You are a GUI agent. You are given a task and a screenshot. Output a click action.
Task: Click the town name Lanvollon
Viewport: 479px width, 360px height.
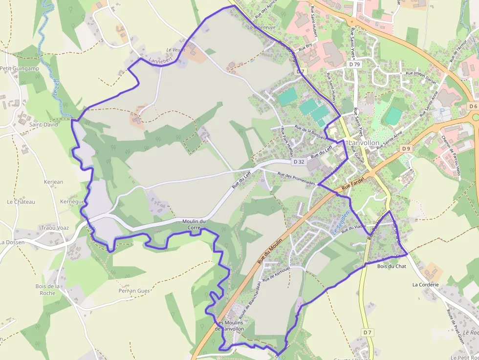(364, 143)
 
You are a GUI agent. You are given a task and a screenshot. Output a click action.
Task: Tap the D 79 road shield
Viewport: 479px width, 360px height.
(355, 64)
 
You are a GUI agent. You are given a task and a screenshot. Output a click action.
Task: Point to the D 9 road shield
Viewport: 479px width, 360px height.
(406, 148)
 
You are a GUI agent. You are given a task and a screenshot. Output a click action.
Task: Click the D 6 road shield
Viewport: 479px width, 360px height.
(472, 106)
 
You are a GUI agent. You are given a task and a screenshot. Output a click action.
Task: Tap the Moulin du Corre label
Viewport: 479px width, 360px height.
(194, 224)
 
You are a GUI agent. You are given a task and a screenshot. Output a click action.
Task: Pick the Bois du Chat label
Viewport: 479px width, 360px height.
(392, 266)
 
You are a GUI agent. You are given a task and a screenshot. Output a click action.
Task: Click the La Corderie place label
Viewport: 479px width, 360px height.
(425, 284)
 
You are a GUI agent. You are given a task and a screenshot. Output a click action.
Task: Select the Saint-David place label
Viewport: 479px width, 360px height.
(43, 125)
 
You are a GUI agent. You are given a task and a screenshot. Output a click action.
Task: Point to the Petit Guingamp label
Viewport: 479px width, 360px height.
(20, 68)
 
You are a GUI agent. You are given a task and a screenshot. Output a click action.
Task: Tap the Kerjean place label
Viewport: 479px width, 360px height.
(53, 182)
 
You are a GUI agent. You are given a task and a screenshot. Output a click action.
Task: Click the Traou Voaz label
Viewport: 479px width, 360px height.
(55, 228)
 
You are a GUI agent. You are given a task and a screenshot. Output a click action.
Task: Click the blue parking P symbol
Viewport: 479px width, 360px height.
(443, 111)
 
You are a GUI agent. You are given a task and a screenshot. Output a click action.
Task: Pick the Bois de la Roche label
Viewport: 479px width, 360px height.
(47, 289)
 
